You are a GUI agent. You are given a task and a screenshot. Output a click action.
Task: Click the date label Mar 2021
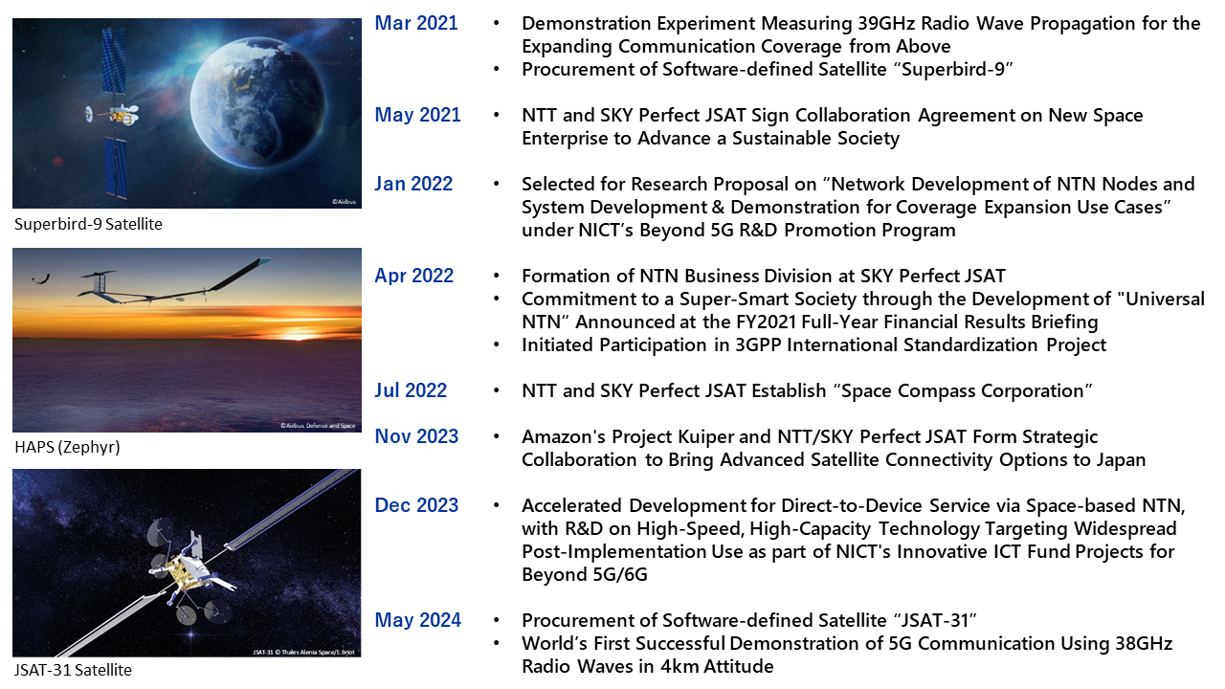coord(416,23)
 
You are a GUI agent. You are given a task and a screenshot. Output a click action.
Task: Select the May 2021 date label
coord(418,116)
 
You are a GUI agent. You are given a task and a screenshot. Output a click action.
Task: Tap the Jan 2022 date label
coord(413,184)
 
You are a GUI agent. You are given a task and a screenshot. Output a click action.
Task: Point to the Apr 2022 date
coord(414,277)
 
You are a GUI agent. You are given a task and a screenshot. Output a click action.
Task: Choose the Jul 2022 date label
coord(411,390)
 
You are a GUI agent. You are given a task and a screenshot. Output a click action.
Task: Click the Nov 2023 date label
coord(416,436)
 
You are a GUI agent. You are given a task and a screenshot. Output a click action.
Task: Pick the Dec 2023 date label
coord(416,505)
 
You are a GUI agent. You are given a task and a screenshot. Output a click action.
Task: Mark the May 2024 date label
coord(418,621)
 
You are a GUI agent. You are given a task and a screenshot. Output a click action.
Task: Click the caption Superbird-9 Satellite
coord(89,224)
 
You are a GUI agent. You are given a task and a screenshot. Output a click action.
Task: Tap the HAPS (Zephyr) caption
coord(67,447)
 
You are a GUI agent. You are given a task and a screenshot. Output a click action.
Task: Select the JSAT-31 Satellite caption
coord(74,670)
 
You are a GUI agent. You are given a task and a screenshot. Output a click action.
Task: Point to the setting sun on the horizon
coord(298,335)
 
